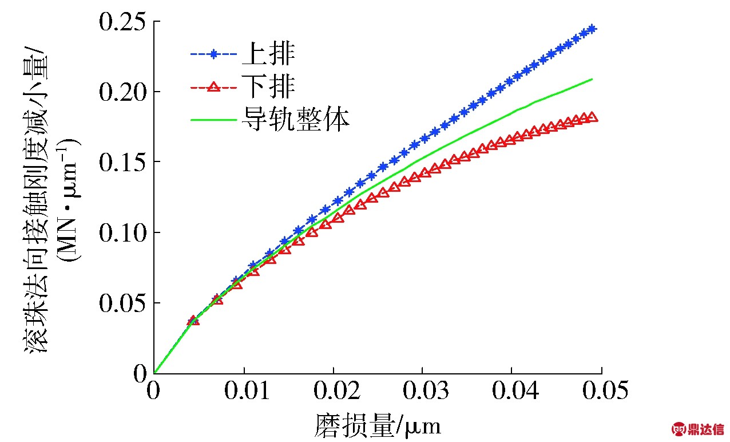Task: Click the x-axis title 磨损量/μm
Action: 378,425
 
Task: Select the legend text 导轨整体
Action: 295,120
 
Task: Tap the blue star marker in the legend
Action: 213,54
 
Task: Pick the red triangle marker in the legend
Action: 213,87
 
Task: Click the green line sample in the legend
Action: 213,120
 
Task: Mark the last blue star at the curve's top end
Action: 592,28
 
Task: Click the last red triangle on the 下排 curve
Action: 593,117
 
